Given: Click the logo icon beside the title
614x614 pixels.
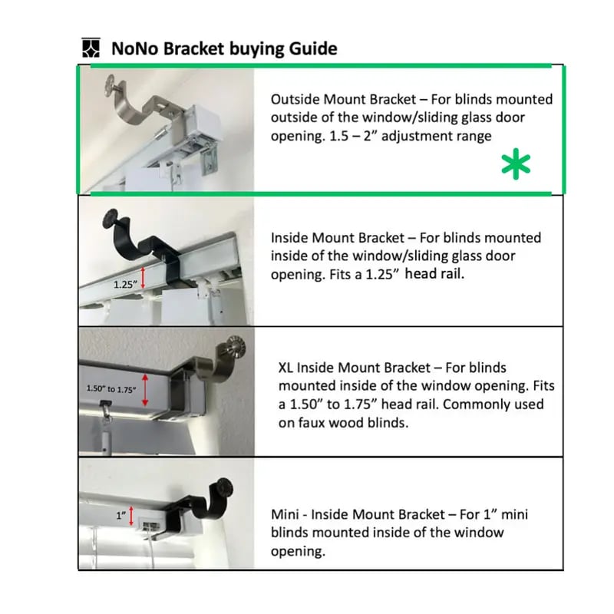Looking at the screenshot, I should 91,48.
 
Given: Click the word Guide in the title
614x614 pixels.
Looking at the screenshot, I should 312,48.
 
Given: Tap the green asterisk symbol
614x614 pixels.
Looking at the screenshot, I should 516,165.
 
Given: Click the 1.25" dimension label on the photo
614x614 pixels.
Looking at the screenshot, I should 126,283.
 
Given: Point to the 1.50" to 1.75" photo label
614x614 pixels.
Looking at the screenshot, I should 112,388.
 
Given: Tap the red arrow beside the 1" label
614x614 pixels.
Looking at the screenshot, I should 133,515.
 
